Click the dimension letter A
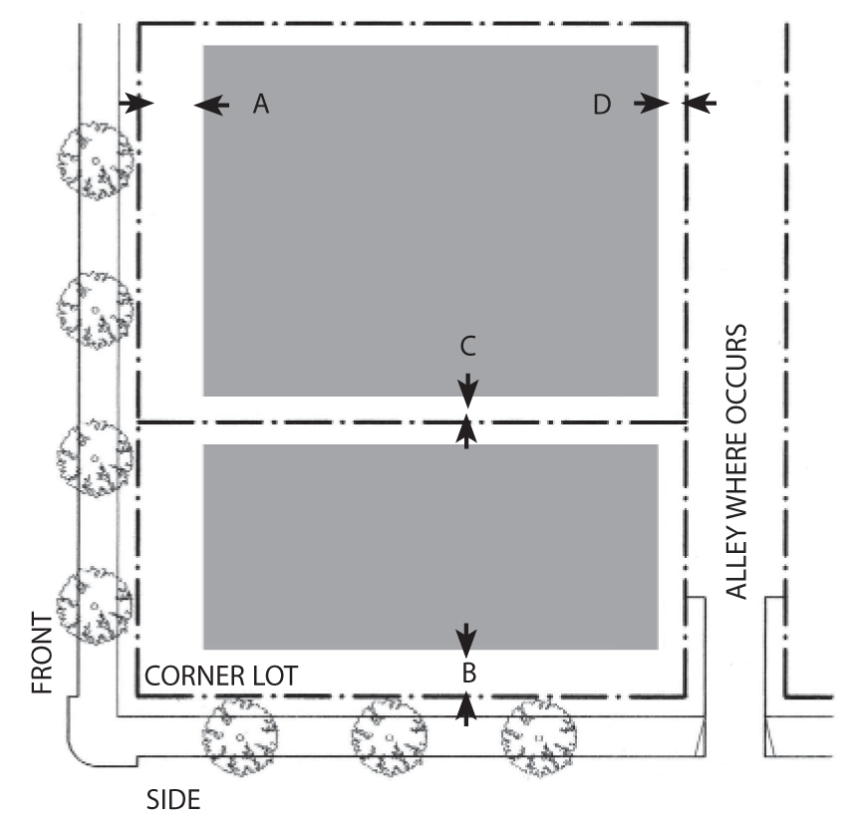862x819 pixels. coord(261,103)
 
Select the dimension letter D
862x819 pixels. coord(601,103)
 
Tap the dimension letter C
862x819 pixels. coord(467,346)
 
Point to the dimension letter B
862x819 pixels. coord(467,673)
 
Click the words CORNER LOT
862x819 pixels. coord(220,676)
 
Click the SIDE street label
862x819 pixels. coord(173,798)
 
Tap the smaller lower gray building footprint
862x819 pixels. coord(430,546)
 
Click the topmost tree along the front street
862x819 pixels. coord(95,160)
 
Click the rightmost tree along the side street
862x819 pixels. coord(539,738)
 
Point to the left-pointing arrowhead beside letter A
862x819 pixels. coord(210,103)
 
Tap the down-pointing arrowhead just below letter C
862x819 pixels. coord(467,388)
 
